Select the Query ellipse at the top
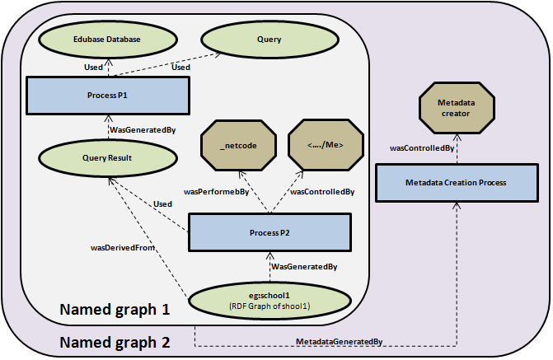click(x=269, y=40)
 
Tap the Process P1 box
click(x=107, y=96)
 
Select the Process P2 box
click(x=269, y=233)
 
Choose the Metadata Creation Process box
click(x=456, y=182)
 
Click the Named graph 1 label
click(x=115, y=311)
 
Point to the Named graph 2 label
click(x=115, y=340)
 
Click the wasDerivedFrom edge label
click(x=122, y=246)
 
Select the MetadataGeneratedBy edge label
click(x=338, y=341)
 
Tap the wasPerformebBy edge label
click(x=217, y=191)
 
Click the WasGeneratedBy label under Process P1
click(x=143, y=129)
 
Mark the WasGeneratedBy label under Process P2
click(x=304, y=267)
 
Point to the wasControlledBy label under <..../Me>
click(x=323, y=191)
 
